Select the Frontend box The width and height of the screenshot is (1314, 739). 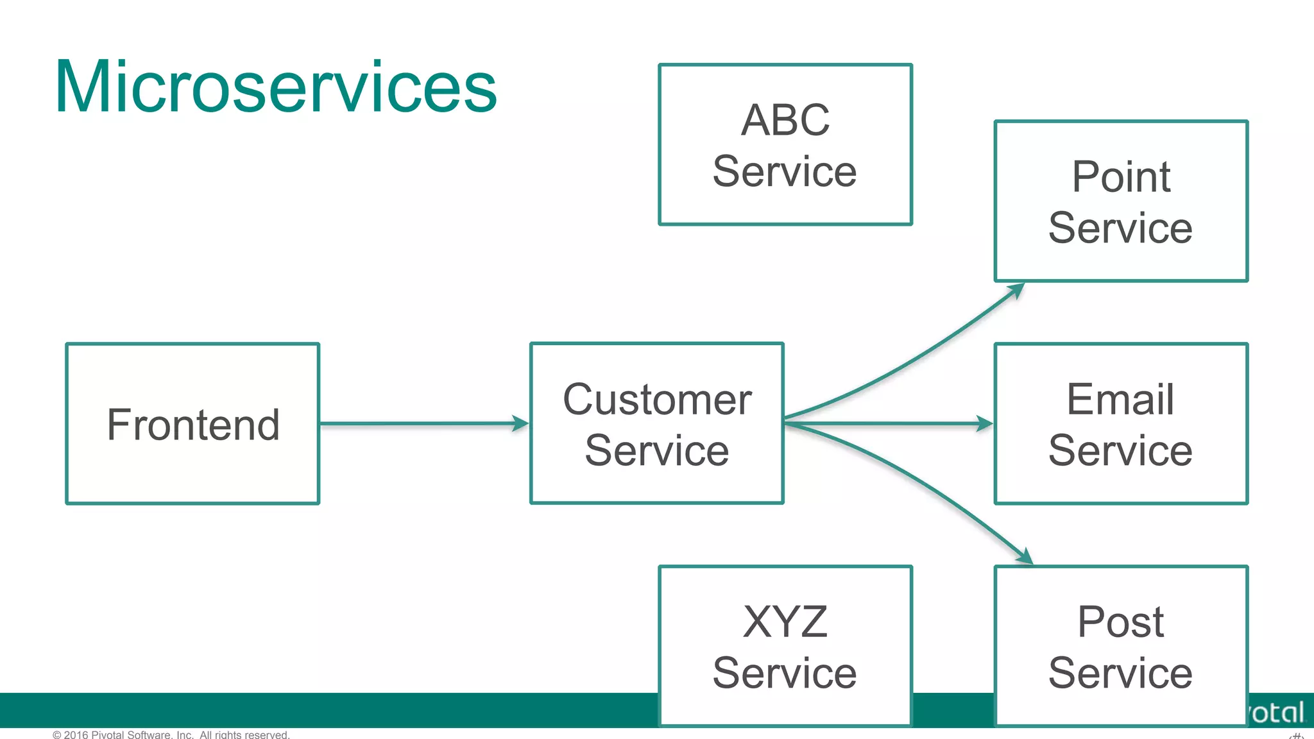[x=192, y=424]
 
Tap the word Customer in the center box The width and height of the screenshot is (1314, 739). [x=657, y=399]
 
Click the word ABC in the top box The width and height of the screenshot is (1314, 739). [x=785, y=120]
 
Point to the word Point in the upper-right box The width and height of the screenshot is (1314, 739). [x=1121, y=176]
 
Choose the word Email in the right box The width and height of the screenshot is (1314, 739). [x=1120, y=399]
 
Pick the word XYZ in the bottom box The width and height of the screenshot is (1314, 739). [x=785, y=622]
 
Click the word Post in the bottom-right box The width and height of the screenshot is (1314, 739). [x=1120, y=622]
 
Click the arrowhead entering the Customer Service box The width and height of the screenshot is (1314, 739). [x=520, y=423]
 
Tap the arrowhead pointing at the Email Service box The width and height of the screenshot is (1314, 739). [x=984, y=423]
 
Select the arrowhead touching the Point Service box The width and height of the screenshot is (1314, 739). [x=1016, y=291]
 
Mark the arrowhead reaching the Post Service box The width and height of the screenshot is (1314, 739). [x=1025, y=557]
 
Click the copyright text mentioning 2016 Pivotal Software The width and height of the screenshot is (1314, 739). [x=171, y=735]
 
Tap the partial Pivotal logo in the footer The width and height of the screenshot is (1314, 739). [x=1277, y=713]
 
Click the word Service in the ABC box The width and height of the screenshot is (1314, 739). [x=785, y=172]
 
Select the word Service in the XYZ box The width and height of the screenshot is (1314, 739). [x=785, y=673]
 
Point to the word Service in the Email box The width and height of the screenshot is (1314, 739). [x=1120, y=450]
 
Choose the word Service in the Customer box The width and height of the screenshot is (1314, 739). [x=657, y=450]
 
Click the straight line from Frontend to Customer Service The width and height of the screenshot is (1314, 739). [x=417, y=423]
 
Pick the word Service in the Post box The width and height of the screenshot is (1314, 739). [x=1120, y=673]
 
